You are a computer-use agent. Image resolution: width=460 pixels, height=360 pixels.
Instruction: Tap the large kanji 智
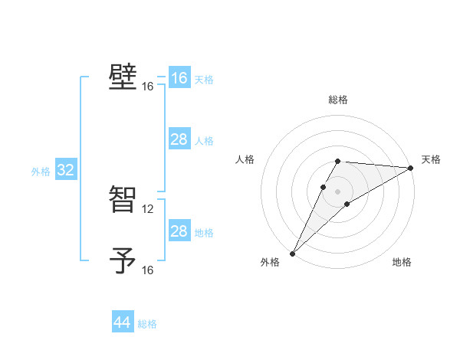coord(123,199)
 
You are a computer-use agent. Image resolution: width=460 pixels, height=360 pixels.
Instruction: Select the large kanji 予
coord(123,261)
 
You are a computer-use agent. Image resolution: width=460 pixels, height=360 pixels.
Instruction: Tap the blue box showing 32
coord(65,171)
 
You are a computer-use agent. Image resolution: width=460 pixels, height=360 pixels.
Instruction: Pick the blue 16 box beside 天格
coord(179,78)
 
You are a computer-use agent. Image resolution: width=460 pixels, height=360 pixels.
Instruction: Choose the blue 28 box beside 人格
coord(179,139)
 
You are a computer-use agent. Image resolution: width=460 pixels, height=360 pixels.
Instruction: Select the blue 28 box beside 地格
coord(179,231)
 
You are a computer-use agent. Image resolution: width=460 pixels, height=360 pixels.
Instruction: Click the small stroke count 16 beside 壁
coord(148,87)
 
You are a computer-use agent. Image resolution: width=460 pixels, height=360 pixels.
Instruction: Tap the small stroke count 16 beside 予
coord(148,270)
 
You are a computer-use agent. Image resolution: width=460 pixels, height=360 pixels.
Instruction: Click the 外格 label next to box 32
coord(41,172)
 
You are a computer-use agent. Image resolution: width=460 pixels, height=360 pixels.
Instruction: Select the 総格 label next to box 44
coord(147,324)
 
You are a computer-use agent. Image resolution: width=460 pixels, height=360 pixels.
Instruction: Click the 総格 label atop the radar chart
coord(337,100)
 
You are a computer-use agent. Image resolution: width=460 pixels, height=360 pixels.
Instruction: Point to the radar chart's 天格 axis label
coord(431,159)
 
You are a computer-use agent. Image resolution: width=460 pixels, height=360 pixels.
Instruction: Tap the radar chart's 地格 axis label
coord(402,263)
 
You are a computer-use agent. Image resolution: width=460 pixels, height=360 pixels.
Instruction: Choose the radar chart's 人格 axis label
coord(245,159)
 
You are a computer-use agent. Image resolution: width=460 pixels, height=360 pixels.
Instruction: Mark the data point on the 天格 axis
coord(410,168)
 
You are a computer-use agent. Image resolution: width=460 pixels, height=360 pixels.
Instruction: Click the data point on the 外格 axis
coord(292,253)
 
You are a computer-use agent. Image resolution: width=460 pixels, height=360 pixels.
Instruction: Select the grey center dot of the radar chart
coord(337,191)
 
